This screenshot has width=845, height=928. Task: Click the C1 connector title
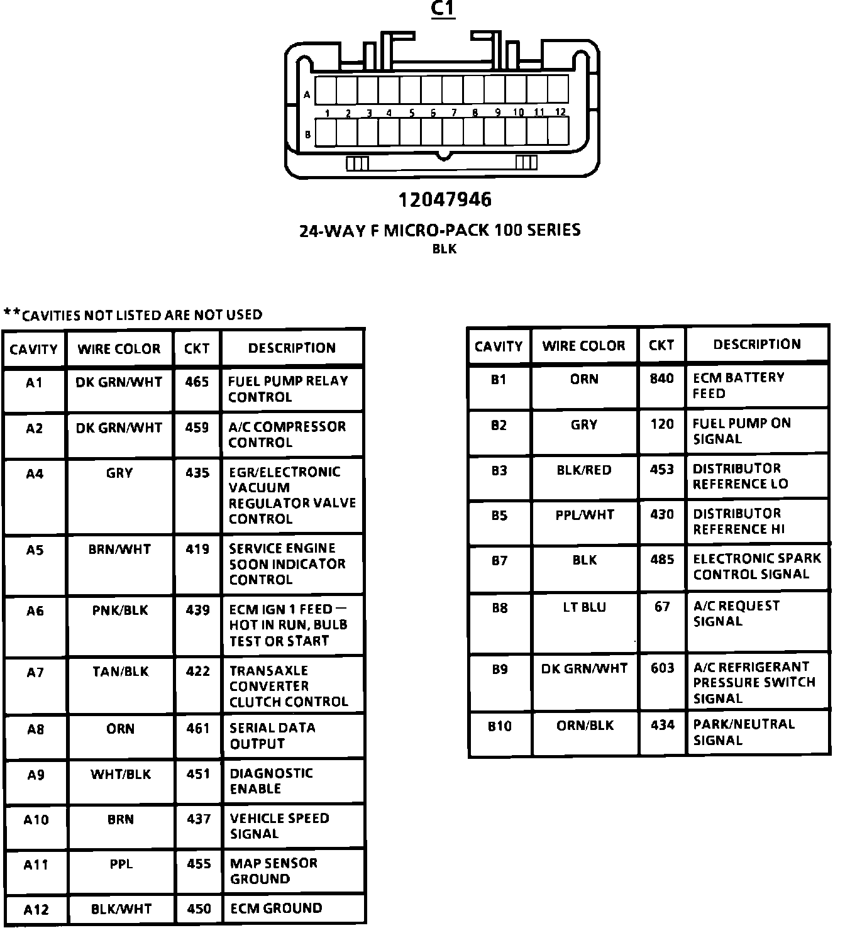[x=443, y=9]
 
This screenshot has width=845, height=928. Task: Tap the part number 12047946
[x=445, y=200]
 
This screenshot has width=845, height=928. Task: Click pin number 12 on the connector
[x=560, y=112]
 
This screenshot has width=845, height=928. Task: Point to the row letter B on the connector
[x=307, y=134]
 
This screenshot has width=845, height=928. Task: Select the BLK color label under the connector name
[x=445, y=249]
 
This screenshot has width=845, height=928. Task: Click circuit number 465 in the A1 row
[x=197, y=382]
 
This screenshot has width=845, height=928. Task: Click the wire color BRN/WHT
[x=119, y=550]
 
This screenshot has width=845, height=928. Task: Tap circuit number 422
[x=198, y=671]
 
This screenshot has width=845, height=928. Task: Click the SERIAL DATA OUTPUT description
[x=272, y=736]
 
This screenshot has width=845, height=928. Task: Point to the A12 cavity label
[x=36, y=909]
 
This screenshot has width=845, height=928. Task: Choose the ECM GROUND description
[x=276, y=909]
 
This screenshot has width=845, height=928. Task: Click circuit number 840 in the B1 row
[x=661, y=378]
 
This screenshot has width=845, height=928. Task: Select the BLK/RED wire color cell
[x=583, y=470]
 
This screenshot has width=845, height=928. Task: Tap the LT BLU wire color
[x=584, y=607]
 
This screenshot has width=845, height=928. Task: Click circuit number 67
[x=662, y=607]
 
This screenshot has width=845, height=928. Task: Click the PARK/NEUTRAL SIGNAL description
[x=743, y=732]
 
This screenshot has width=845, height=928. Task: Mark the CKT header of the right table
[x=661, y=345]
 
